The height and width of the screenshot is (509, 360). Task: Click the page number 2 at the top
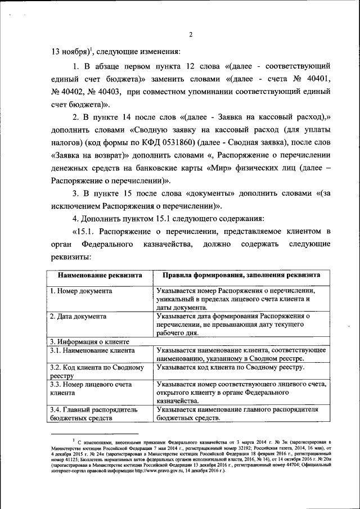click(x=191, y=34)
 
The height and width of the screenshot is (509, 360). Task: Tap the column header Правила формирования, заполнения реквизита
click(x=238, y=275)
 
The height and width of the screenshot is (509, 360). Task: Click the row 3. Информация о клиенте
click(x=89, y=341)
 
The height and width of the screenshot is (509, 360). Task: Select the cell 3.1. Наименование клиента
click(x=92, y=350)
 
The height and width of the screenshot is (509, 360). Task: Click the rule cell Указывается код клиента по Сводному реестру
click(x=231, y=367)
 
